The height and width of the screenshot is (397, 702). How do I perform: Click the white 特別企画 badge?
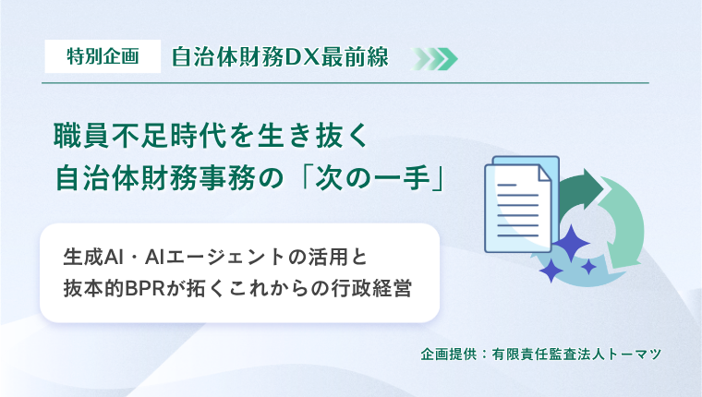[x=103, y=56]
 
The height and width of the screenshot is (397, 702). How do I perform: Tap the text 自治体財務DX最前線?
[x=280, y=57]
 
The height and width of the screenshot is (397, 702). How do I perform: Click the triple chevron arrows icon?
[x=434, y=59]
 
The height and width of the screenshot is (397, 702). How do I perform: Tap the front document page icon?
[x=518, y=208]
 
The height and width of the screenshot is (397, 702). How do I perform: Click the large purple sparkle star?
[x=571, y=243]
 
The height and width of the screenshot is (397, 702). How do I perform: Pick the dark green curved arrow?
[x=581, y=188]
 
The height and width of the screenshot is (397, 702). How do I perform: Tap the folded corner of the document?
[x=545, y=173]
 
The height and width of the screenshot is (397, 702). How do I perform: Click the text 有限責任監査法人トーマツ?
[x=576, y=355]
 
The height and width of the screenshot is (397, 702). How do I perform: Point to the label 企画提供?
[x=449, y=355]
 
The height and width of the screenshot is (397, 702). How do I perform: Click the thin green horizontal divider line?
[x=345, y=83]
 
